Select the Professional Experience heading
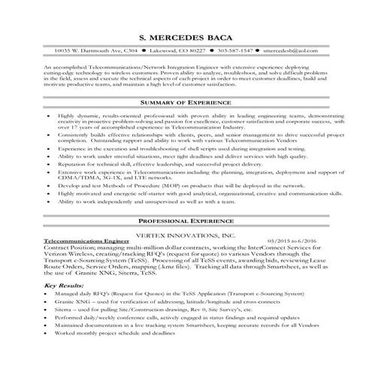(186, 220)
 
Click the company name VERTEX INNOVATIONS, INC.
(186, 234)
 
